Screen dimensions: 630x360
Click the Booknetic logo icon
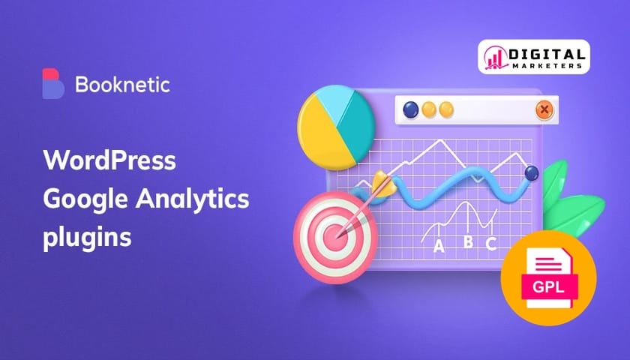pyautogui.click(x=53, y=83)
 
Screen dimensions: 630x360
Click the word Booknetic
pyautogui.click(x=122, y=85)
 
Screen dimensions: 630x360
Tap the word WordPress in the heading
pyautogui.click(x=109, y=160)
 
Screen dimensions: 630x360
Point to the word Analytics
pyautogui.click(x=193, y=199)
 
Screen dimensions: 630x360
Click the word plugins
pyautogui.click(x=87, y=237)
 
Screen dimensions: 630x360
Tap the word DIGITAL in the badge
pyautogui.click(x=547, y=54)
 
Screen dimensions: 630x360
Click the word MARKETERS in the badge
pyautogui.click(x=547, y=66)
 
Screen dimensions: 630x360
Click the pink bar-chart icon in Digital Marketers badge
pyautogui.click(x=496, y=57)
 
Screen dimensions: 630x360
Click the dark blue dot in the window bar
pyautogui.click(x=411, y=109)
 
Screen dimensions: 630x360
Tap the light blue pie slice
pyautogui.click(x=334, y=102)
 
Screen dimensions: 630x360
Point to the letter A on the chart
pyautogui.click(x=439, y=245)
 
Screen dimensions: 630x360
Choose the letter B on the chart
pyautogui.click(x=468, y=241)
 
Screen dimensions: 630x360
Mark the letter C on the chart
pyautogui.click(x=491, y=244)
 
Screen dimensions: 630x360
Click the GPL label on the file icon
pyautogui.click(x=548, y=286)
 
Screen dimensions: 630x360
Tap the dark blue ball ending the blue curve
pyautogui.click(x=532, y=173)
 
